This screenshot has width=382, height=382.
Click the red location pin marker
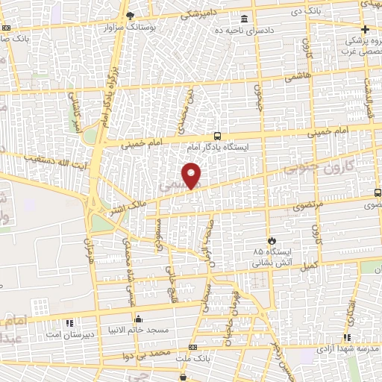click(x=192, y=175)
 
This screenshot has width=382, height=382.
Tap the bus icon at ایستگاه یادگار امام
click(x=217, y=136)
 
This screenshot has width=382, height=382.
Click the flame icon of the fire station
click(x=271, y=240)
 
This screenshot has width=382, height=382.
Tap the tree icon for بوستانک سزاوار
click(x=131, y=16)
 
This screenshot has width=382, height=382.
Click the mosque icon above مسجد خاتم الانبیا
click(x=137, y=319)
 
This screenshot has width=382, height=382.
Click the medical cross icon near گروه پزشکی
click(x=366, y=28)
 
